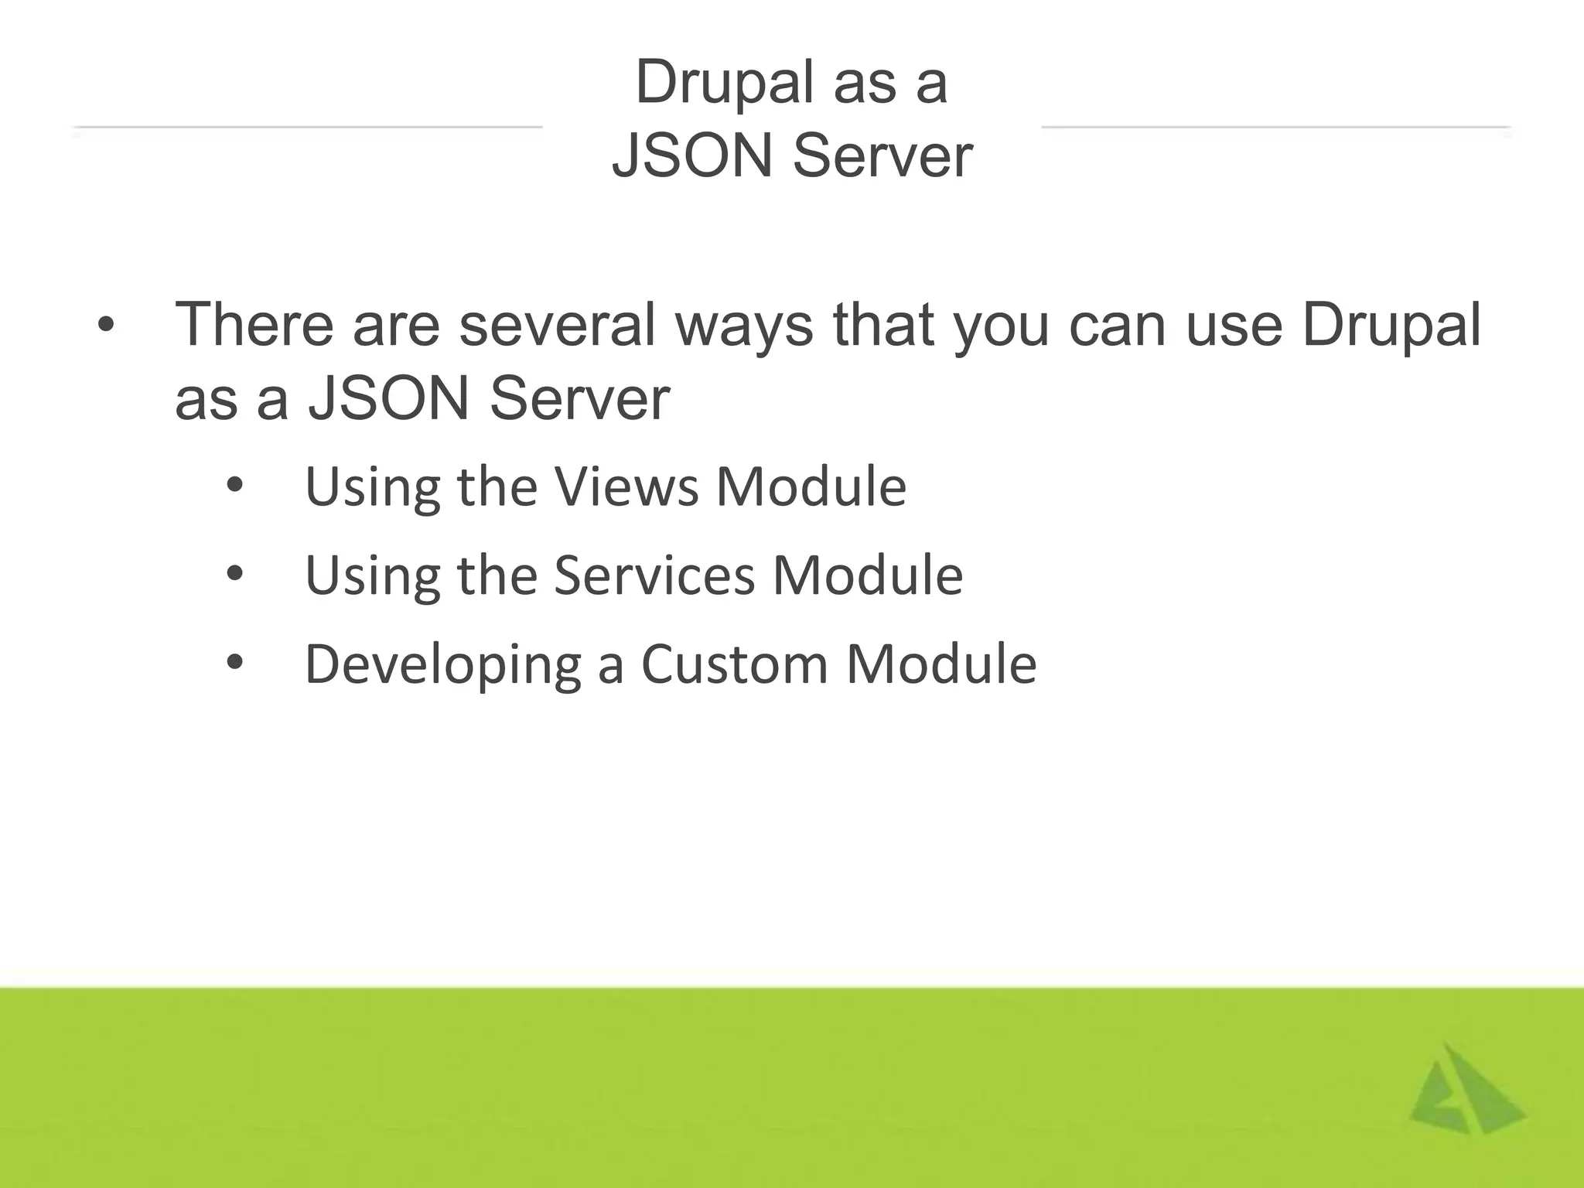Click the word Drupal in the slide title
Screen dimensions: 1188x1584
point(722,84)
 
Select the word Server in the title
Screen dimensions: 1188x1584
point(882,156)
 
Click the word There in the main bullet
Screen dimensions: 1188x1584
point(254,324)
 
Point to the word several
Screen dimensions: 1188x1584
point(558,324)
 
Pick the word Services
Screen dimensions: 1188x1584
point(654,575)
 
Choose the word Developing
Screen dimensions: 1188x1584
point(442,665)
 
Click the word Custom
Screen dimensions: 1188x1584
point(735,664)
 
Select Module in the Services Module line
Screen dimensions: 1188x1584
point(868,575)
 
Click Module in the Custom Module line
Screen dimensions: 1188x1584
point(941,664)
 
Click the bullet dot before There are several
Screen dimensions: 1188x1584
point(105,326)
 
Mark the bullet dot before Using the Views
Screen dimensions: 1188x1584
point(235,486)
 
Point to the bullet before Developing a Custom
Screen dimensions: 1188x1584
point(235,662)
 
